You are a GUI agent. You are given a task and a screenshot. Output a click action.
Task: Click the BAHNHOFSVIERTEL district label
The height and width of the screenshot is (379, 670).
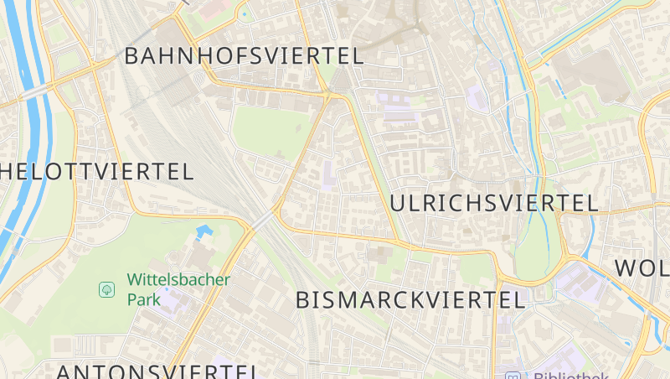coord(244,57)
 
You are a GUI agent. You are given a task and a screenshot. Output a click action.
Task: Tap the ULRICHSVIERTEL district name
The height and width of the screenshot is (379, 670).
coord(494,203)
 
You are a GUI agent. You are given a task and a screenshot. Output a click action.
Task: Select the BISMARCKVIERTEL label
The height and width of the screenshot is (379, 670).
coord(410,299)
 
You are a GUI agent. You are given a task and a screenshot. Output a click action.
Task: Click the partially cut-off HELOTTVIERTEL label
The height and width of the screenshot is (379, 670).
coord(97,172)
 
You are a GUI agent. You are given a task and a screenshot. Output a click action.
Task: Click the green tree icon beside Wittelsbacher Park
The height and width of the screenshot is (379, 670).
coord(107,289)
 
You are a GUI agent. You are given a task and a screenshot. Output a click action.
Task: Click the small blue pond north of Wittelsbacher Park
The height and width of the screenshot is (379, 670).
coord(204,230)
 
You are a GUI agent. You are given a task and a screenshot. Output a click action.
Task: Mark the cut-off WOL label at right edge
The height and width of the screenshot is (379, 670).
coord(642,268)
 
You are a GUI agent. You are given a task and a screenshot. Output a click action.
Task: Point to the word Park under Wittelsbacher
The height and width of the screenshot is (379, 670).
coord(143,299)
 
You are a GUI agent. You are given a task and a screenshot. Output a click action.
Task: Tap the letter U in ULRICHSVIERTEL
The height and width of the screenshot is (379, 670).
coord(399,203)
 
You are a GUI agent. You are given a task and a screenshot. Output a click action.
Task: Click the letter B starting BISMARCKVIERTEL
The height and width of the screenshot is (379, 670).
coord(304,300)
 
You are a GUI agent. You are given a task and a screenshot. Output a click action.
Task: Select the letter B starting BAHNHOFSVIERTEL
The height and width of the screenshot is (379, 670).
coord(132,57)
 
